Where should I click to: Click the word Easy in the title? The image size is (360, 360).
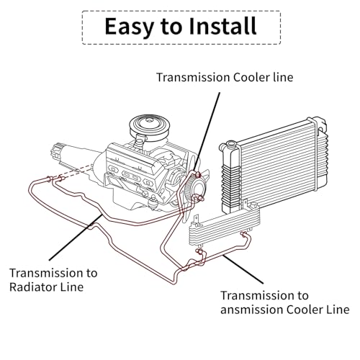(129, 27)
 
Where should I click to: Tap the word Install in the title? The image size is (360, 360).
(222, 26)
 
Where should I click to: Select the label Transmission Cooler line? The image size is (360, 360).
(225, 77)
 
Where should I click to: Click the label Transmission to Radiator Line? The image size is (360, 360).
(53, 280)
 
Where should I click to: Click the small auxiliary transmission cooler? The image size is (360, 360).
(225, 225)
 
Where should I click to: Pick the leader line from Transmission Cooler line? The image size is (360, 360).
(207, 132)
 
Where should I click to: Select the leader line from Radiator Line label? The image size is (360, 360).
(76, 238)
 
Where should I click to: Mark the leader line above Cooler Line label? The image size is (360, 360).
(243, 269)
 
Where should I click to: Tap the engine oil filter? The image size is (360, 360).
(153, 202)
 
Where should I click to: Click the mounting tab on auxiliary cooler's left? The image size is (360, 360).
(196, 219)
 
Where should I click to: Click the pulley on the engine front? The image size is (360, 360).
(197, 186)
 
